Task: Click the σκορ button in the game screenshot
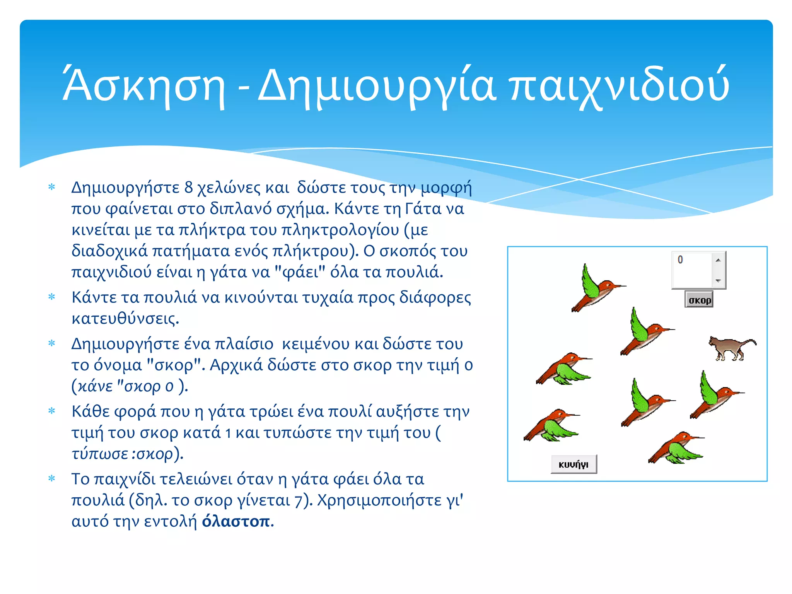699,300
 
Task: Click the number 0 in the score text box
680,259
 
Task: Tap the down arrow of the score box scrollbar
718,281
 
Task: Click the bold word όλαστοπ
236,521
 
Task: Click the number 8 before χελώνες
188,188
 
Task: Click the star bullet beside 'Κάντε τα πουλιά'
52,297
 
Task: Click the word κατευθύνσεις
125,319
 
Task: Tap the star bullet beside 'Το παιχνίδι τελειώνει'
52,479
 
